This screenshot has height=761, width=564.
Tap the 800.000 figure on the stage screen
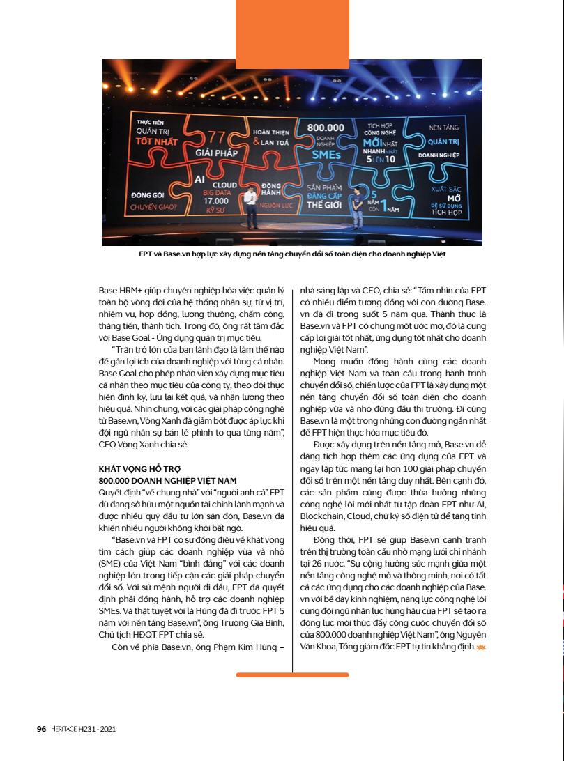326,128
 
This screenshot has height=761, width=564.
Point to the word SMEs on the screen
326,155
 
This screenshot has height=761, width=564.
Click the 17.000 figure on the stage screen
217,201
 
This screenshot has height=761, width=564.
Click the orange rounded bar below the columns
292,675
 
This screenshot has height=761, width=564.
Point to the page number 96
41,729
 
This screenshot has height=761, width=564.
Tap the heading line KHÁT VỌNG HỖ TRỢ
139,469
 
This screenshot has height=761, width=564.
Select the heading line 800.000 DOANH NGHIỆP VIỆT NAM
167,480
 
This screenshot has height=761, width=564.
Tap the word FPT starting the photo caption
146,254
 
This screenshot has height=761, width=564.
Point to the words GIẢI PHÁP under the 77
213,152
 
